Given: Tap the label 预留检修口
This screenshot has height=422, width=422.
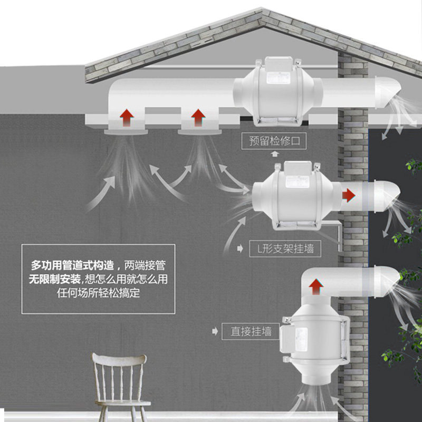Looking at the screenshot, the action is (274, 141).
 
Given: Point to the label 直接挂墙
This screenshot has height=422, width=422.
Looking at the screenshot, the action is (251, 331).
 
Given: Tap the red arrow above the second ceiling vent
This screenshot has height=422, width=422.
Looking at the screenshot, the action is (198, 117).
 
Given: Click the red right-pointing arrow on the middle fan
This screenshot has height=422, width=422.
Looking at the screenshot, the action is (348, 195).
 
